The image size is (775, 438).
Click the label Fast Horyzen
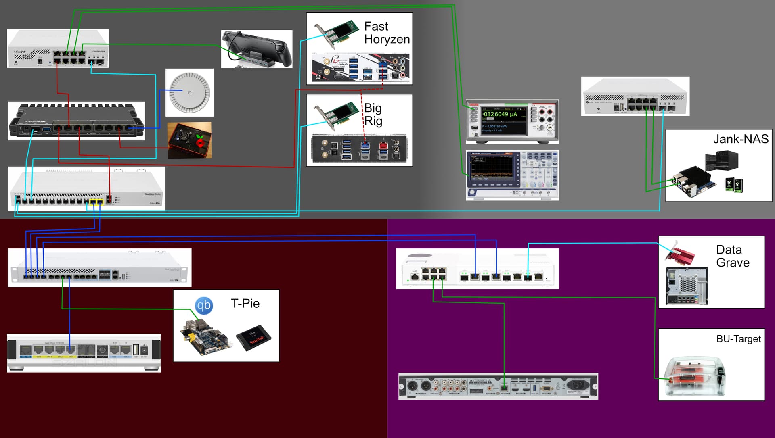pyautogui.click(x=386, y=33)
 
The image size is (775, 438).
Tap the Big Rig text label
pyautogui.click(x=373, y=114)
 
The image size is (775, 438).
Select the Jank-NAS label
pyautogui.click(x=740, y=139)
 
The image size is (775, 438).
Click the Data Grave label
pyautogui.click(x=733, y=256)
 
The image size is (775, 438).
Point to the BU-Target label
pyautogui.click(x=738, y=339)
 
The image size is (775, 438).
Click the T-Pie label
pyautogui.click(x=245, y=303)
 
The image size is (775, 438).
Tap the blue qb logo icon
pyautogui.click(x=204, y=305)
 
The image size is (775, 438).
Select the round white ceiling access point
pyautogui.click(x=189, y=92)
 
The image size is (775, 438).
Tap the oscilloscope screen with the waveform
pyautogui.click(x=490, y=167)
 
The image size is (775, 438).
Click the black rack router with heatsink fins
pyautogui.click(x=77, y=121)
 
